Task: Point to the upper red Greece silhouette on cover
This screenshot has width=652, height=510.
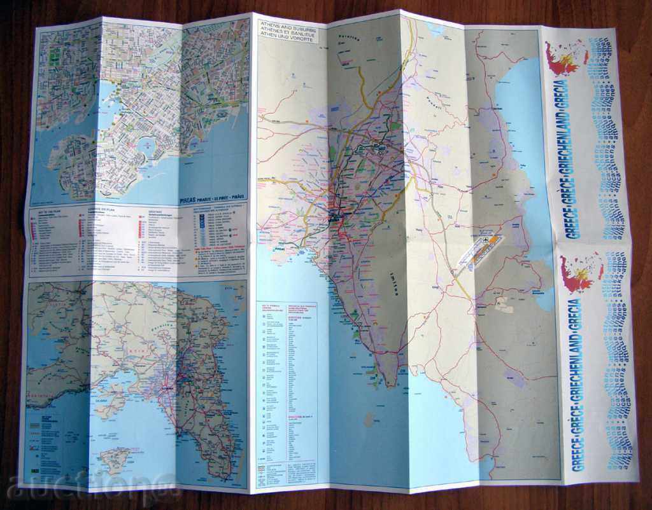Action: coord(563,59)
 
